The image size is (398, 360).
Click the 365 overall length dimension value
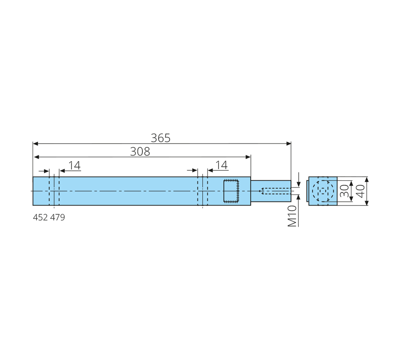(161, 138)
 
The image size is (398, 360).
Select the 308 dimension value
(140, 152)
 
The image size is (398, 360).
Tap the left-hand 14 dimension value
(75, 165)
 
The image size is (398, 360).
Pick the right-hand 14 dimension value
(222, 165)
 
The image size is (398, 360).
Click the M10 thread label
(292, 216)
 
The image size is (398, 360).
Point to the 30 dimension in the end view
(344, 191)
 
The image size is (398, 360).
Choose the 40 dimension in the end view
(360, 191)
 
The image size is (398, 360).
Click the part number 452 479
(49, 217)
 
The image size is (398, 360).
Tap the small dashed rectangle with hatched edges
(231, 191)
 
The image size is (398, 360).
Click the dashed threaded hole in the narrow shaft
(275, 191)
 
